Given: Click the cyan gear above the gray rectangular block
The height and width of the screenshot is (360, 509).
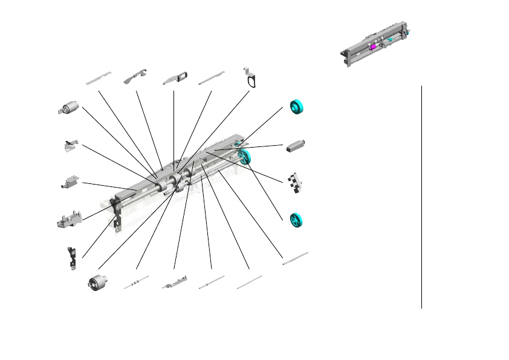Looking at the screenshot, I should point(296,107).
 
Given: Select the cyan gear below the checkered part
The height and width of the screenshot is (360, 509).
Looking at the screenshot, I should point(296,220).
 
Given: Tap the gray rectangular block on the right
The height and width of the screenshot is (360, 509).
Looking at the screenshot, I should point(296,145).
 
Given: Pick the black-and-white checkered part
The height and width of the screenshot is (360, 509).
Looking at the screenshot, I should point(296,183).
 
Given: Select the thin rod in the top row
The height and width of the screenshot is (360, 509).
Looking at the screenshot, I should point(212,77).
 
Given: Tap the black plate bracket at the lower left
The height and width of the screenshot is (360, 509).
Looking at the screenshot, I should point(73,256).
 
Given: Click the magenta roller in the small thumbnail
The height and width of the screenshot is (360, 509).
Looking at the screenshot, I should point(373,47).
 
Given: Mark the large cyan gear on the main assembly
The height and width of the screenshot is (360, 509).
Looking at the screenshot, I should point(245,157).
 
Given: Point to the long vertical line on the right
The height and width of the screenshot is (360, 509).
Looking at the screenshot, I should point(421,197).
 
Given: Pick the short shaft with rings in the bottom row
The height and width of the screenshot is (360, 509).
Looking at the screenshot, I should point(136,283).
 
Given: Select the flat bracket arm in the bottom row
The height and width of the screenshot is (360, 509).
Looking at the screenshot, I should point(174,283).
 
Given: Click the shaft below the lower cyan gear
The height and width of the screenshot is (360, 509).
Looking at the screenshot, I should point(296,257).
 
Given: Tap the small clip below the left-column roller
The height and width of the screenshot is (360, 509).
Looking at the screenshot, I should point(71,145).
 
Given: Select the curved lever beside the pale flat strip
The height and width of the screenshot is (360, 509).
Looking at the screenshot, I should point(136,77).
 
